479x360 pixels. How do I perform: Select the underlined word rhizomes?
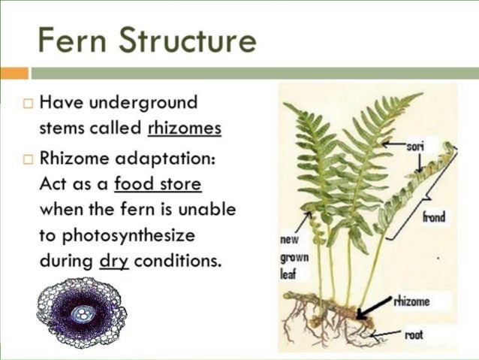coord(185,128)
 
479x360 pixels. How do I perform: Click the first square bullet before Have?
coord(28,103)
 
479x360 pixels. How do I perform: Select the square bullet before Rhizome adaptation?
coord(28,159)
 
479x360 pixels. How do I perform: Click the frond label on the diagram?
coord(433,217)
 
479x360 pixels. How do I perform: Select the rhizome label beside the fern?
coord(412,302)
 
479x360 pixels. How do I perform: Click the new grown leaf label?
coord(291,256)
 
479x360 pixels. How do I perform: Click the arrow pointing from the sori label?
coord(393,143)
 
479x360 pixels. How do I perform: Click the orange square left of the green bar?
coord(14,73)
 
